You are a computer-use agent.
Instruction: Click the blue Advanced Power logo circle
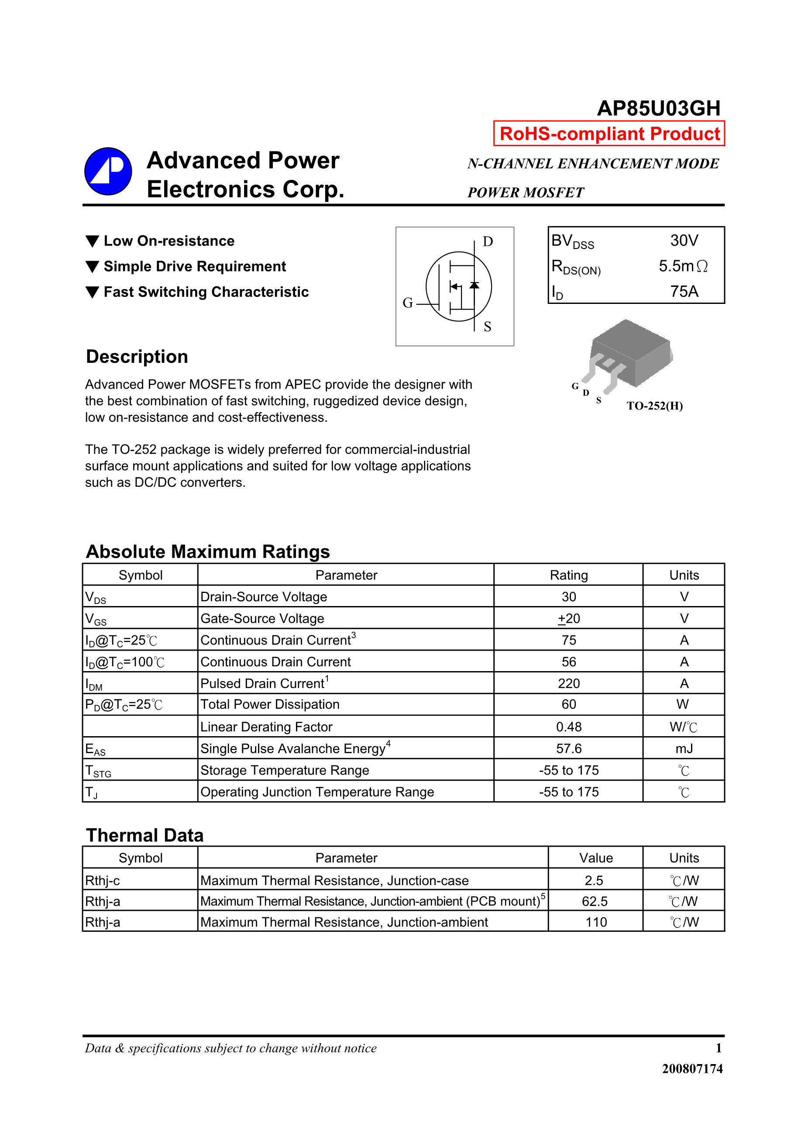point(108,172)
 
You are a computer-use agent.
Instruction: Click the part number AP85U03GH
point(658,109)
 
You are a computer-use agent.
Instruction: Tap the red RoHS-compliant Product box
point(609,134)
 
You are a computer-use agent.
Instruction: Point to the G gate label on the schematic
point(407,303)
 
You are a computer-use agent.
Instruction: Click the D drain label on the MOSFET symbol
point(488,241)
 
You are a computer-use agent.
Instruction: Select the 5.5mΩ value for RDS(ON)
point(683,266)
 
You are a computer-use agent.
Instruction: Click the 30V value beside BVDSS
point(684,241)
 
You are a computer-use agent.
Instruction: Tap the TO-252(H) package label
point(655,406)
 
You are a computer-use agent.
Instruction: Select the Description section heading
point(137,357)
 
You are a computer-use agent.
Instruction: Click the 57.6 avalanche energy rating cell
point(568,748)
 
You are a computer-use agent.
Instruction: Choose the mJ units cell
point(684,748)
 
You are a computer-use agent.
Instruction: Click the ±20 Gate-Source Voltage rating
point(568,618)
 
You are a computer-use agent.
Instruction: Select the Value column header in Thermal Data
point(595,858)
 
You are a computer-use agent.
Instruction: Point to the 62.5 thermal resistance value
point(594,901)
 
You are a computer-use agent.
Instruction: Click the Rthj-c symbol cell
point(103,880)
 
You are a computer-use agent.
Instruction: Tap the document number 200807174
point(692,1068)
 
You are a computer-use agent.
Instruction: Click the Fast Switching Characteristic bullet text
point(206,292)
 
